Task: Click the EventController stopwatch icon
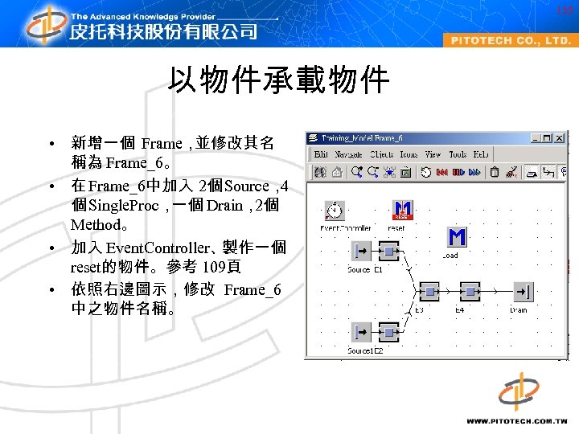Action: tap(334, 211)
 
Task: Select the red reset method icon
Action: tap(403, 211)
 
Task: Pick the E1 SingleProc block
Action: tap(388, 252)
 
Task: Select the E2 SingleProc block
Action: tap(388, 332)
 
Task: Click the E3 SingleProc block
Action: tap(429, 292)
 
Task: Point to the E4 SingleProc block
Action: tap(469, 292)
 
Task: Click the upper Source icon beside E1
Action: tap(361, 252)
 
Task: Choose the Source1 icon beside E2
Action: tap(361, 332)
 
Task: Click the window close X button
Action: tap(560, 138)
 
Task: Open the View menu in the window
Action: tap(433, 154)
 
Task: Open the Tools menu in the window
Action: tap(458, 154)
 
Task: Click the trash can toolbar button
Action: tap(495, 171)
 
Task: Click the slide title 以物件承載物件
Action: tap(278, 80)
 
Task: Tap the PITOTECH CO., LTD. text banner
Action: tap(510, 40)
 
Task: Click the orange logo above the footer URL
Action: tap(518, 391)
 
